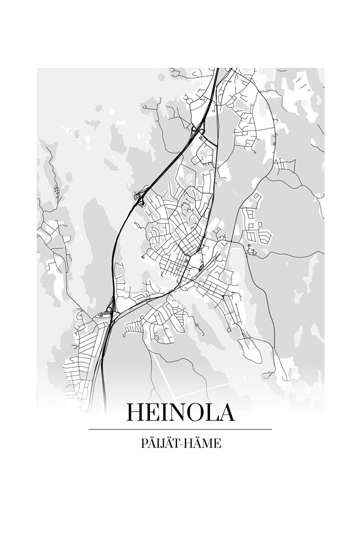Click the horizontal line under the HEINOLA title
point(180,429)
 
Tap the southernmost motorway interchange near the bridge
point(110,311)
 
